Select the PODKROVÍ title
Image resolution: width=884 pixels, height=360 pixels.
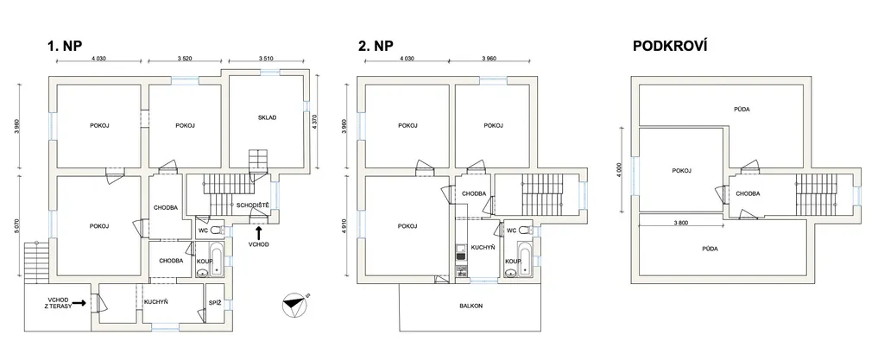(670, 47)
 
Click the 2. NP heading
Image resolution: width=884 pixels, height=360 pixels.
(376, 47)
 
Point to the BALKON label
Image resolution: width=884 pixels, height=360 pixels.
(471, 306)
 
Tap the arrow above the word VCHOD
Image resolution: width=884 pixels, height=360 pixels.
(258, 231)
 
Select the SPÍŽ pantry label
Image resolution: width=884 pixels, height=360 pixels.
(215, 302)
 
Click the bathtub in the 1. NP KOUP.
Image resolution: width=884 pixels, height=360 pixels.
(217, 255)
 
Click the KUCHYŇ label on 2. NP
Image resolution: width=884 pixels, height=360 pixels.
(483, 247)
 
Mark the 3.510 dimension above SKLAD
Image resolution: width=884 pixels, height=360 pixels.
(266, 58)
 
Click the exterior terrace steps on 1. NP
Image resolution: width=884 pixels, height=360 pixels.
(37, 262)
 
